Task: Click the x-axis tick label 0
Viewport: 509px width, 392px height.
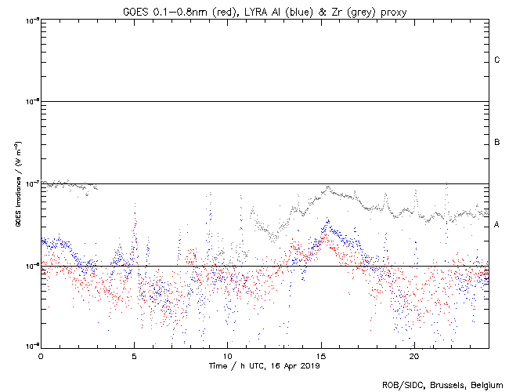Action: click(41, 355)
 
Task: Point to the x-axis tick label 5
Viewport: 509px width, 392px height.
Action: click(134, 355)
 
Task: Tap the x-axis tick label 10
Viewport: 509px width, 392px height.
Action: click(227, 355)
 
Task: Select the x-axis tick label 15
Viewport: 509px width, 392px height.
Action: click(320, 355)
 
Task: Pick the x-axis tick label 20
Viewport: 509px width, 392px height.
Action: click(413, 355)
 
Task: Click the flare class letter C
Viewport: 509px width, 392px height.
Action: click(497, 60)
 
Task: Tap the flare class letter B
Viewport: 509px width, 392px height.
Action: click(497, 143)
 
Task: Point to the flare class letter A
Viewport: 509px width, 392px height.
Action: click(497, 225)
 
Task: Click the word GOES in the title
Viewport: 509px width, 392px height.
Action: click(136, 10)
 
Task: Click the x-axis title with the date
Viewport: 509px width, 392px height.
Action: click(265, 365)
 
